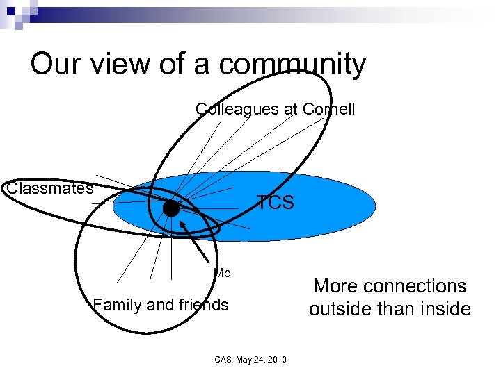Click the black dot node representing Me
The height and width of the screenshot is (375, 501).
coord(170,208)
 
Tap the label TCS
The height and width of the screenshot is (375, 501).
coord(276,203)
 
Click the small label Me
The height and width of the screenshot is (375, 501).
coord(223,273)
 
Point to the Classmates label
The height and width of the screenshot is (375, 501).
coord(49,188)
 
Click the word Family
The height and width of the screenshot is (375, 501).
coord(116,304)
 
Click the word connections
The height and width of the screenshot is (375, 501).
coord(417,285)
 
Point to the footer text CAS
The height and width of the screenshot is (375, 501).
coord(223,359)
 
